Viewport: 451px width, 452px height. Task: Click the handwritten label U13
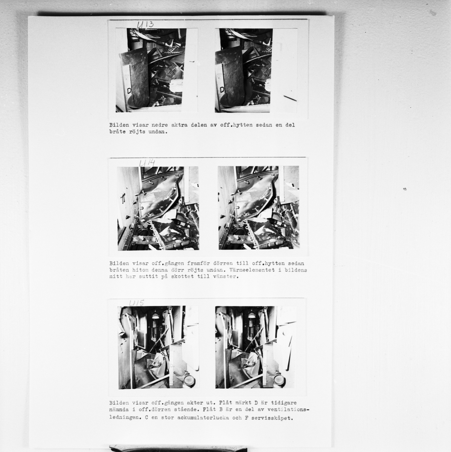coord(145,24)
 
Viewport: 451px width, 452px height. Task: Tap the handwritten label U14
coord(147,163)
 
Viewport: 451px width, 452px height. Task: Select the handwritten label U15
coord(137,303)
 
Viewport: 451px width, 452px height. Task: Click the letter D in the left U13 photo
coord(129,91)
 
